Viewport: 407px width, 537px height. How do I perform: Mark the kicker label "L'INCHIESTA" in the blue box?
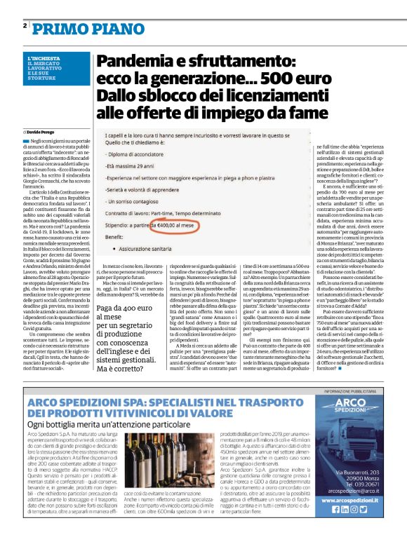click(44, 57)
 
